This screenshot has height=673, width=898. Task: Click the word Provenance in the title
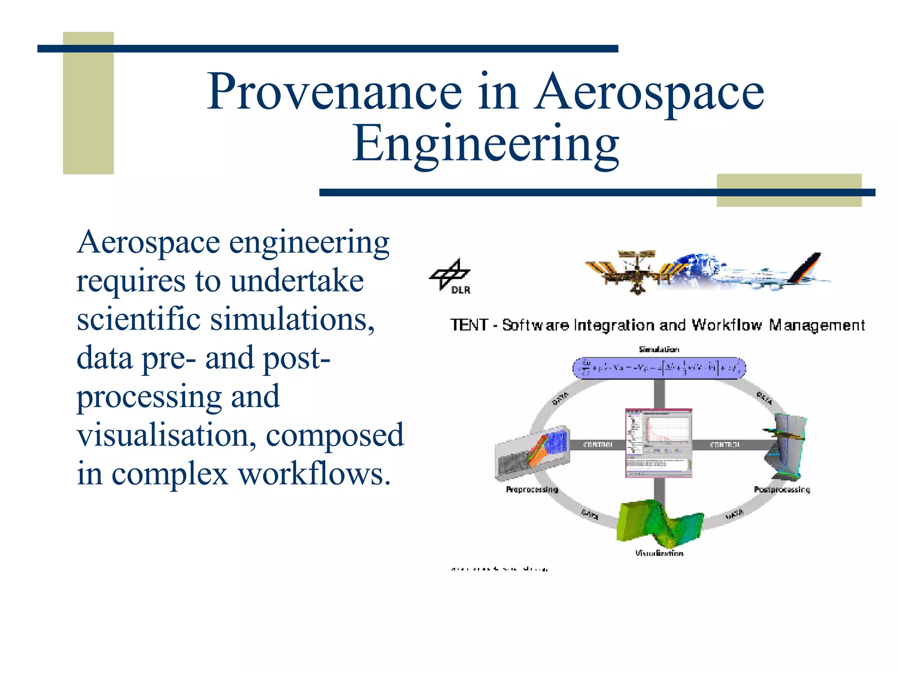click(334, 92)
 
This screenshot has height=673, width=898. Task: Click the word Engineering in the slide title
click(485, 144)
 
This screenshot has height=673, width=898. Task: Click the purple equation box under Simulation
click(659, 368)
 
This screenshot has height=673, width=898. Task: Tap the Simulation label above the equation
click(659, 349)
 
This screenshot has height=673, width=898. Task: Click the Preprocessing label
click(531, 489)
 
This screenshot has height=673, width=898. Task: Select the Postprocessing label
click(781, 489)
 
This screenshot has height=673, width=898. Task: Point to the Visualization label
click(659, 553)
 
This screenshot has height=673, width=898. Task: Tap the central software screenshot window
click(658, 443)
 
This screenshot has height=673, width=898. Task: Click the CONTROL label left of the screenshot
click(598, 445)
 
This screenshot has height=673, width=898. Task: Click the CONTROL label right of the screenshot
click(724, 445)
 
